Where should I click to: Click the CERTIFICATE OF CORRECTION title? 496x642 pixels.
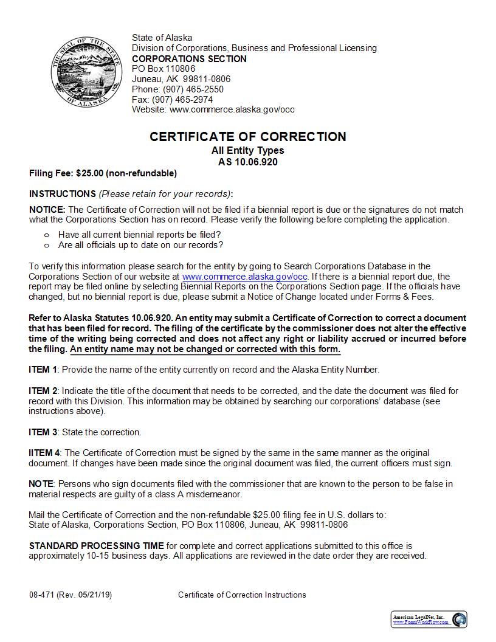click(248, 137)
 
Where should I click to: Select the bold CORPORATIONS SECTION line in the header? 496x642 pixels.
click(189, 58)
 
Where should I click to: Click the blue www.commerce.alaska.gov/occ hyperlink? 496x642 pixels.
click(245, 276)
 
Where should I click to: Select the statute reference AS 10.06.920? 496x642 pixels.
click(248, 162)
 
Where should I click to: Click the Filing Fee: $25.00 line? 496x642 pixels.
click(103, 173)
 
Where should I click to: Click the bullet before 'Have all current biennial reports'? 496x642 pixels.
click(46, 235)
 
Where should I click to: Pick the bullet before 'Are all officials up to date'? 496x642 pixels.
click(46, 246)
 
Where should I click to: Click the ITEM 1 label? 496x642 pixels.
click(43, 370)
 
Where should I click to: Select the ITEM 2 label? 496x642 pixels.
click(43, 390)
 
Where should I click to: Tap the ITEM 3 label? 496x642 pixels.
click(43, 432)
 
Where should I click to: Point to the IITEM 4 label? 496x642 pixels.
click(44, 453)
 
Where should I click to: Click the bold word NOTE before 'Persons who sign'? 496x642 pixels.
click(41, 483)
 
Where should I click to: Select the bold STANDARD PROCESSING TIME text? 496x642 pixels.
click(96, 546)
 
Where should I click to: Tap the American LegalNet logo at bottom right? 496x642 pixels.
click(429, 619)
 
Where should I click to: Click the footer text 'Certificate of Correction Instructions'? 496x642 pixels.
click(242, 595)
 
